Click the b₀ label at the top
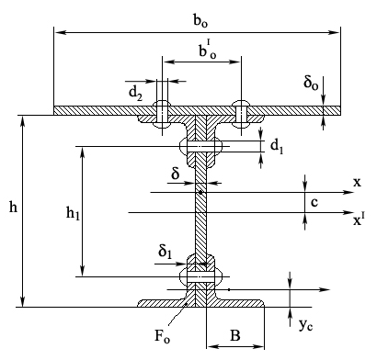point(200,20)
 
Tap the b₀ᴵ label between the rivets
point(208,50)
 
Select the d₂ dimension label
point(135,93)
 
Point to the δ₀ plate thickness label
point(311,83)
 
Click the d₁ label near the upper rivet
point(277,146)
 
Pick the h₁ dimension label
point(73,213)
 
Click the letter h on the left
point(13,208)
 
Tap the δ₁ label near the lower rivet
point(166,252)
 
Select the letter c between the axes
point(314,202)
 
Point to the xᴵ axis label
point(359,219)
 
